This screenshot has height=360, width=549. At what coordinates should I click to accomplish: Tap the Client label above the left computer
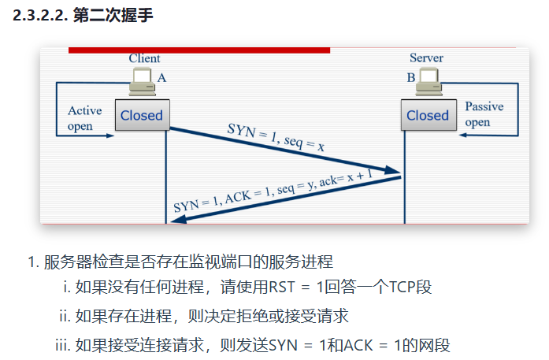point(144,58)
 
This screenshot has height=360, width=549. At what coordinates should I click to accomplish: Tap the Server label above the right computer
point(426,58)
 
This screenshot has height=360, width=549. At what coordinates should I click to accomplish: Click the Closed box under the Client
point(142,115)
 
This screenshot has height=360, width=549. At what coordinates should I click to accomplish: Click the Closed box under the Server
point(428,115)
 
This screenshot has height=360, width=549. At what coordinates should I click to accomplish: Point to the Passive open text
point(484,114)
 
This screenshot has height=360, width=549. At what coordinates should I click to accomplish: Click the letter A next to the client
point(162,78)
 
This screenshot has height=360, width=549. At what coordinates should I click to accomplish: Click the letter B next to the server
point(410,78)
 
